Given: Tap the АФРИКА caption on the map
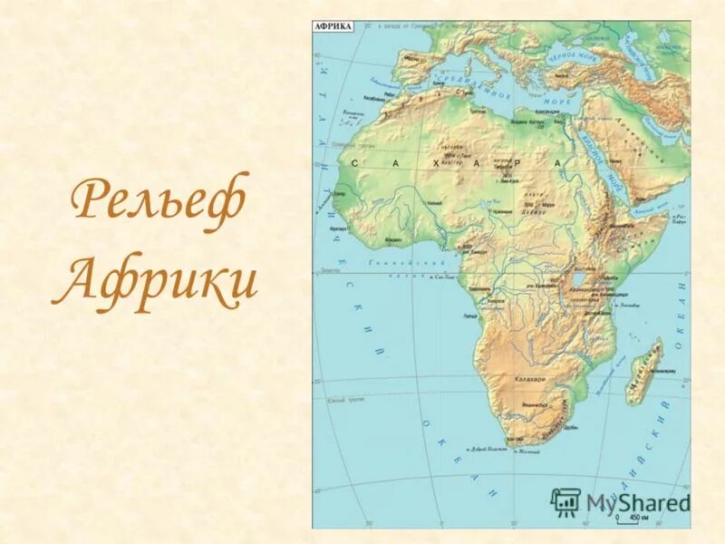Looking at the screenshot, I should click(333, 27).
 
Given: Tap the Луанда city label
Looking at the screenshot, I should click(470, 316).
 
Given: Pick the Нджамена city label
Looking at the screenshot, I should click(499, 209).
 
